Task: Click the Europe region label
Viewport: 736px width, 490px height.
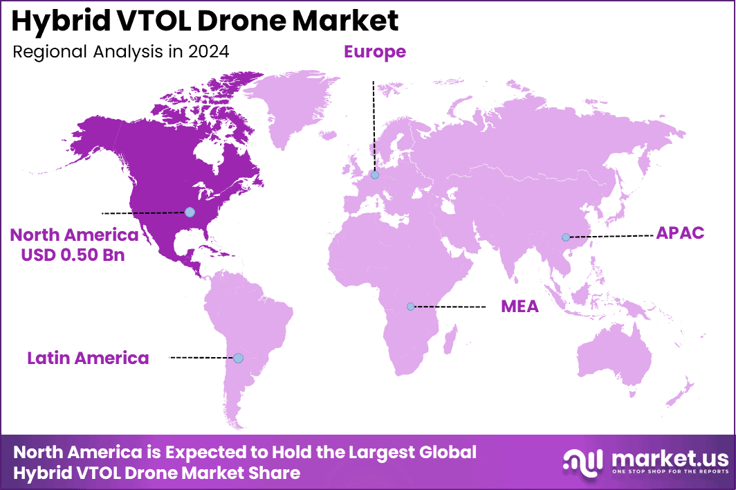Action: [374, 52]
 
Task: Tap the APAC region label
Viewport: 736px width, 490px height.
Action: [680, 233]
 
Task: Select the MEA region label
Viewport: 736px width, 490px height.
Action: [519, 307]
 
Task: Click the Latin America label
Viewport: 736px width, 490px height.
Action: [88, 358]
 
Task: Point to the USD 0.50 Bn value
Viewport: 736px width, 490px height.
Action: [73, 254]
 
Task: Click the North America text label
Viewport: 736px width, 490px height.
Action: [74, 235]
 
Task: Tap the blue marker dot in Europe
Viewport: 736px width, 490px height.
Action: [374, 176]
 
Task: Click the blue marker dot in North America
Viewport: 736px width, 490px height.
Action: [190, 212]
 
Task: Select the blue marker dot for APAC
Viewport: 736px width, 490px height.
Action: [566, 237]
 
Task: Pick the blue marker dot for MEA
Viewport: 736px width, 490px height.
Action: [411, 306]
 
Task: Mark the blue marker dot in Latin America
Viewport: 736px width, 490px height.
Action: [238, 358]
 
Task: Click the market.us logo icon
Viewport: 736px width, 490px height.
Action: [582, 462]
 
